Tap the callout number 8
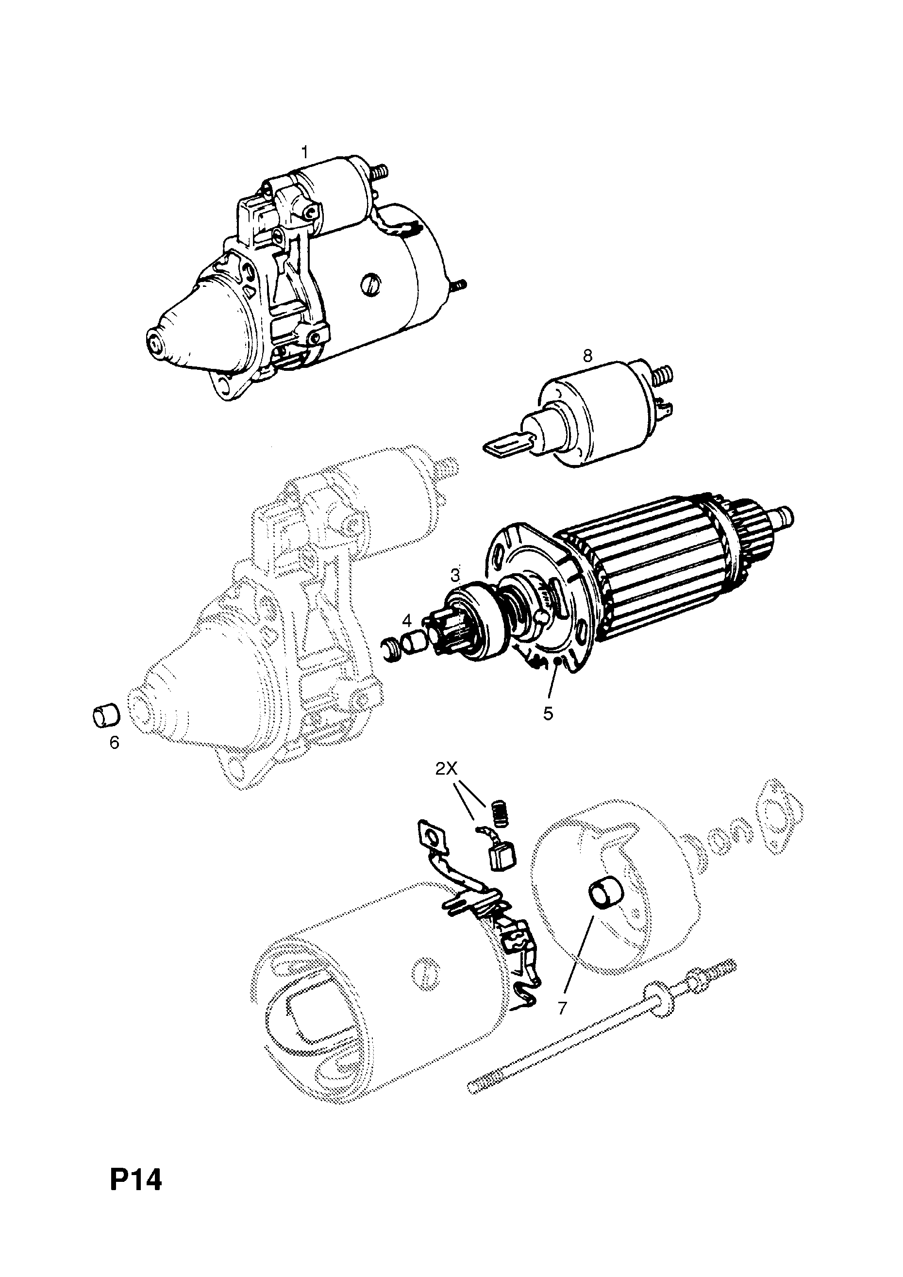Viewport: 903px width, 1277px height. tap(588, 355)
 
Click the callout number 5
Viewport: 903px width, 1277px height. tap(548, 714)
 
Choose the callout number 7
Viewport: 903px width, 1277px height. tap(562, 1009)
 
